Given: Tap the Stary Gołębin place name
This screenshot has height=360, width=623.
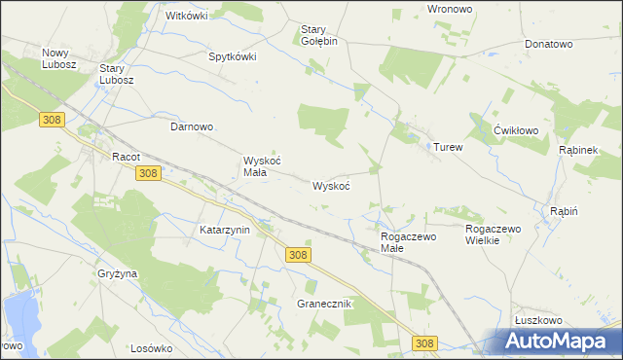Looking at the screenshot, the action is [x=318, y=35].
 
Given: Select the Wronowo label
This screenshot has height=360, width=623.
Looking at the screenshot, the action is [x=451, y=9].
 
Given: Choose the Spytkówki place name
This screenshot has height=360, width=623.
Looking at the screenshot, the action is [x=233, y=56].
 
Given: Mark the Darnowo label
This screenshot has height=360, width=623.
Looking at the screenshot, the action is [x=192, y=127].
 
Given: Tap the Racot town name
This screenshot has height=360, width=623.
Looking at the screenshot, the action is [x=127, y=156].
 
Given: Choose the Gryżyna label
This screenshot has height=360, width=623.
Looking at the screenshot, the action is [x=118, y=274].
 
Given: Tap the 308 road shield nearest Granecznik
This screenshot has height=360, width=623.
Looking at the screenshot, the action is [x=299, y=254].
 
